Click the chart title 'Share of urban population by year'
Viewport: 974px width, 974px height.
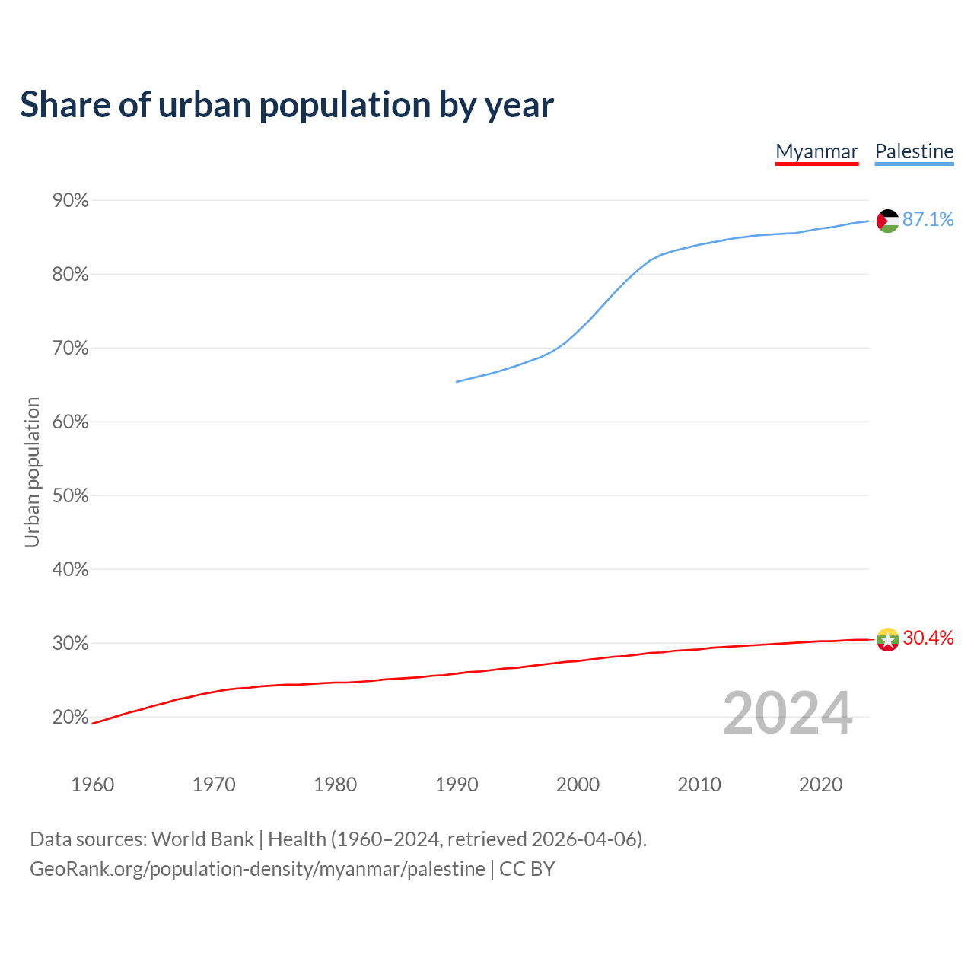click(287, 104)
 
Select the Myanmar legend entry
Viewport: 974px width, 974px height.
click(816, 151)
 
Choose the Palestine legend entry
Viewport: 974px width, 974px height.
click(914, 151)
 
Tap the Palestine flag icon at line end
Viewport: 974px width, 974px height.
click(887, 221)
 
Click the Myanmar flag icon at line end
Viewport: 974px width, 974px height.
click(887, 639)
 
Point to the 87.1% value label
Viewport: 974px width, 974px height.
click(928, 220)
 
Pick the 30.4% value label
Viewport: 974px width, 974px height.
click(928, 638)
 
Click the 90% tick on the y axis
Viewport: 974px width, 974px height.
click(70, 201)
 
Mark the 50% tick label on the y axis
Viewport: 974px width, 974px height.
click(70, 496)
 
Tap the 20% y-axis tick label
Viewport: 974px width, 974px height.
click(70, 718)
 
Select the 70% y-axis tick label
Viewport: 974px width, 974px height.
click(70, 349)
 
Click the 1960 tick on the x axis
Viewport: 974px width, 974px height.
click(92, 785)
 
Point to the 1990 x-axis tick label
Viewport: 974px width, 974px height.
click(457, 785)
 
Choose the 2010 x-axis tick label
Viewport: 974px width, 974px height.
click(699, 785)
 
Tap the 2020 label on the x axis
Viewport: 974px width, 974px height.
click(820, 785)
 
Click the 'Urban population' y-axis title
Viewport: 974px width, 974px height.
click(32, 472)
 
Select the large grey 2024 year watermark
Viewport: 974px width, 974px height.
click(788, 713)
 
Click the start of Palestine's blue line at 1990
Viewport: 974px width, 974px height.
click(457, 381)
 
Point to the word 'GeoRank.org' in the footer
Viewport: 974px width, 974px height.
click(87, 869)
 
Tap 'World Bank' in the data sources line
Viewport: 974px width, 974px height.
click(202, 839)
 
